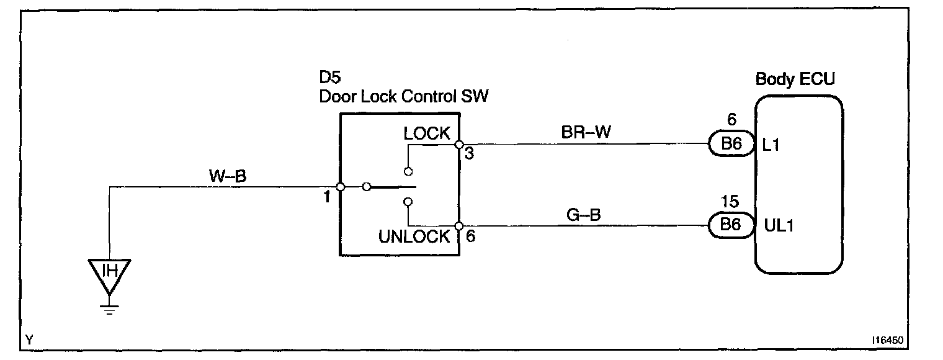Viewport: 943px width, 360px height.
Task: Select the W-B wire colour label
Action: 227,177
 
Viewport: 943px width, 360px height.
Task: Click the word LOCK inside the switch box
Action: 426,133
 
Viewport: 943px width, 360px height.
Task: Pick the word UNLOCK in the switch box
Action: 414,236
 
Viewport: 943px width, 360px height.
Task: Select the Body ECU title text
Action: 795,79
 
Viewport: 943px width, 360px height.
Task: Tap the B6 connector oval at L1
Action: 730,145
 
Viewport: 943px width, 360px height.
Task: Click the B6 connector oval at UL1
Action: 730,225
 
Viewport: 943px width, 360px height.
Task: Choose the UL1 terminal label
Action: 775,225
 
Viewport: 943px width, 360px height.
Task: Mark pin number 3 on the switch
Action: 468,153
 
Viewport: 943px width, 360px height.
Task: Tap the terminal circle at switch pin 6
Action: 458,225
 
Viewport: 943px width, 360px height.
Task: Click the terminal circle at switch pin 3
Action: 458,145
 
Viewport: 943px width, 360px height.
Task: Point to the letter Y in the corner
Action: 29,340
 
